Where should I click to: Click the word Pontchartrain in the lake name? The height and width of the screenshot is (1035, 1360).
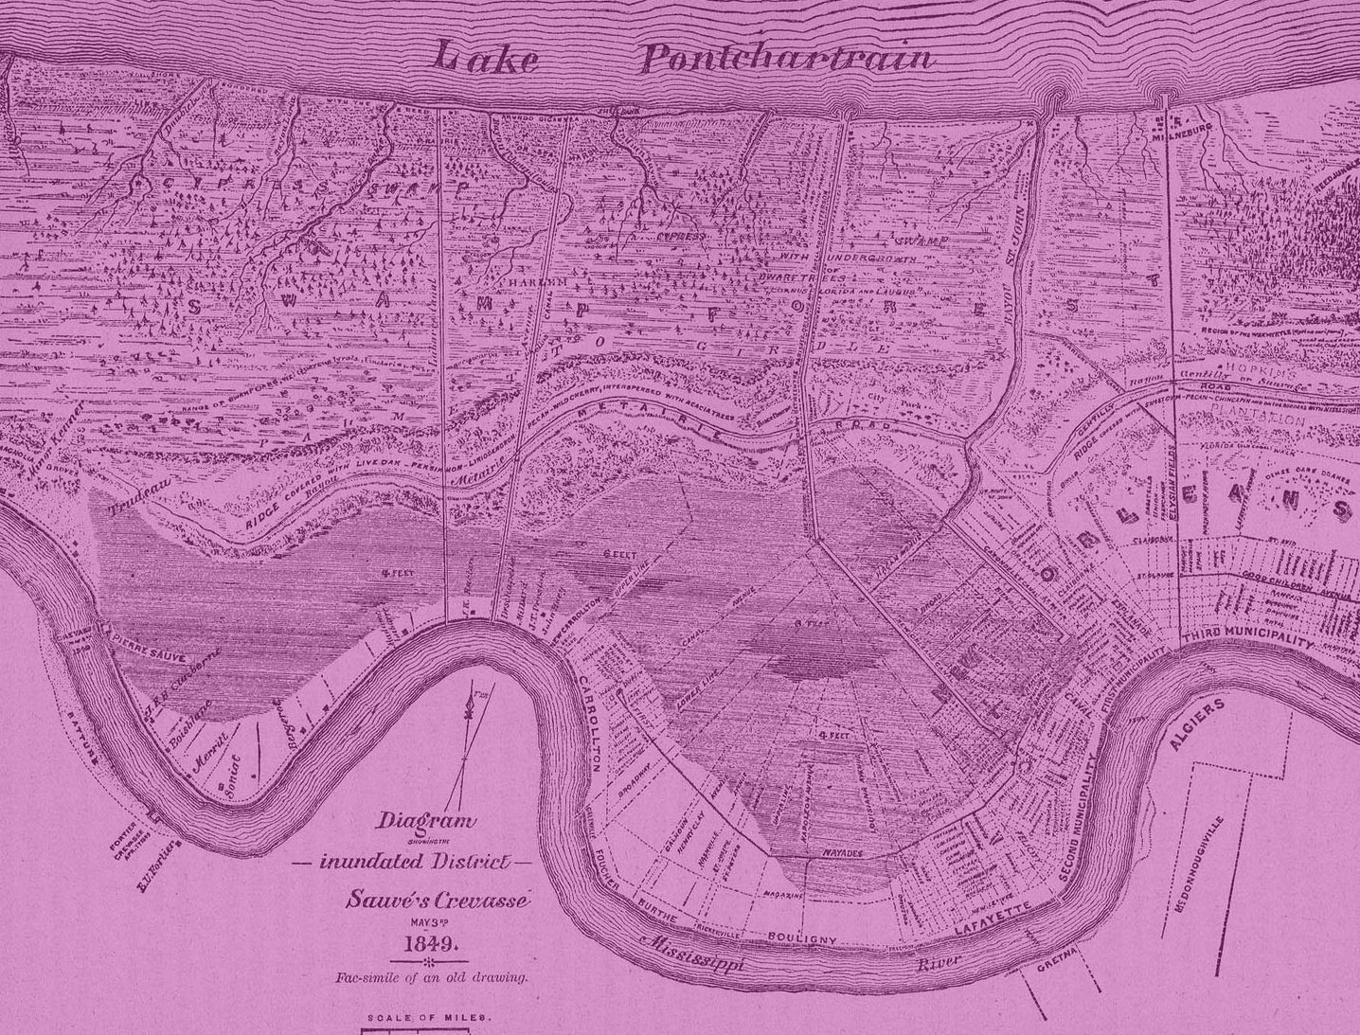[787, 59]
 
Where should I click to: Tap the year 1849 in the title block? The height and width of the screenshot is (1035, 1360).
[431, 944]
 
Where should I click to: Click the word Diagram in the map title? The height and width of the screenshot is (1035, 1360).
[425, 821]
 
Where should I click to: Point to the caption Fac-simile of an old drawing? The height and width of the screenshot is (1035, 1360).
[430, 977]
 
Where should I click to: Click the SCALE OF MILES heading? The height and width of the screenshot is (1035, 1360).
[428, 1018]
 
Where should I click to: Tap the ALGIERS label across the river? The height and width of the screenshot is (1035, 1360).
[1197, 724]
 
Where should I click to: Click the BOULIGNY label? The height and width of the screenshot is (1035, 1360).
[801, 937]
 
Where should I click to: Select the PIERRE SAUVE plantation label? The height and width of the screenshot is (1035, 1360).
[152, 646]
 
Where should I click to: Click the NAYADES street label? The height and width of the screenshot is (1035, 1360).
[842, 853]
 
